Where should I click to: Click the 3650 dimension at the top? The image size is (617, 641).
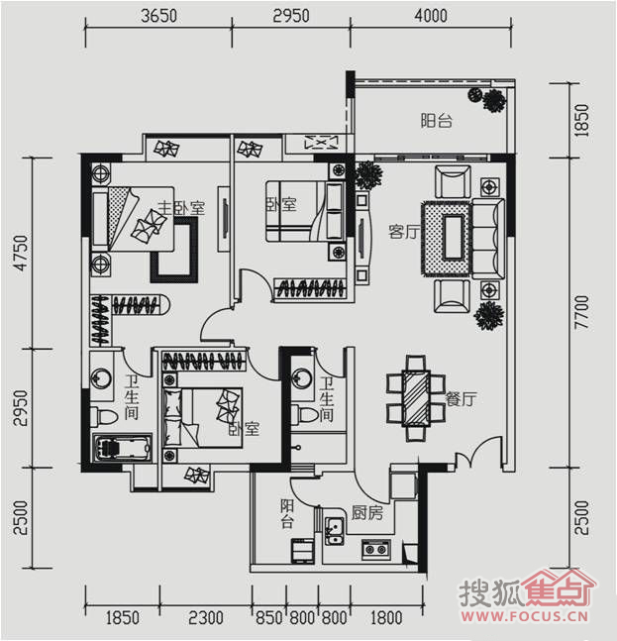click(x=158, y=16)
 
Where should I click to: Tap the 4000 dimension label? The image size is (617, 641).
click(x=431, y=16)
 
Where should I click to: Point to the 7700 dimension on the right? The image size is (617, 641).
click(x=582, y=312)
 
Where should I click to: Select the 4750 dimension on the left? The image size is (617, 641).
click(x=21, y=253)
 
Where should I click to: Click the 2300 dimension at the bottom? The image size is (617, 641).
click(x=206, y=617)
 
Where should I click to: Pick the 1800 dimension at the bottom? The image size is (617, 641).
click(x=386, y=617)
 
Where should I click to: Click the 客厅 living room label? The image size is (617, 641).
click(x=404, y=232)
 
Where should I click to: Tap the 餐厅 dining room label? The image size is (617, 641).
click(x=461, y=399)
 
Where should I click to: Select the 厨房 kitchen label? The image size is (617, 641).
click(x=366, y=512)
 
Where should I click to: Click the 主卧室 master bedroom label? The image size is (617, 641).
click(x=181, y=208)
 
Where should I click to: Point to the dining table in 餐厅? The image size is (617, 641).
click(x=416, y=398)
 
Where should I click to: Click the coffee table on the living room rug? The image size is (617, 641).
click(x=454, y=238)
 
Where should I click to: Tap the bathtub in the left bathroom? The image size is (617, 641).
click(x=122, y=448)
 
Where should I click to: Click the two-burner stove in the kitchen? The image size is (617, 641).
click(x=376, y=549)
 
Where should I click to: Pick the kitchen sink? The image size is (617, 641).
click(x=334, y=530)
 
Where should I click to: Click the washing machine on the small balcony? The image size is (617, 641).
click(x=302, y=551)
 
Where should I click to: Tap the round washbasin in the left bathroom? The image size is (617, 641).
click(x=101, y=378)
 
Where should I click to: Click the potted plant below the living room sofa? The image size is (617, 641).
click(x=488, y=316)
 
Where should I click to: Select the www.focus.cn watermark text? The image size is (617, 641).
click(x=525, y=615)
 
